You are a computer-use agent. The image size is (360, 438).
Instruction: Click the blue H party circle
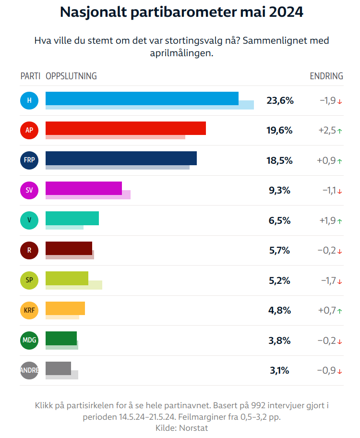(29, 100)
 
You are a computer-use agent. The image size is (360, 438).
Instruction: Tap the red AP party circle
(29, 130)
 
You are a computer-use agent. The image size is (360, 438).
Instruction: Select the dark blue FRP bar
(121, 158)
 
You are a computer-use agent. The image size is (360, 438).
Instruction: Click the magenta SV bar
(84, 188)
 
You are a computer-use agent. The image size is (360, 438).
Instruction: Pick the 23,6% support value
(280, 100)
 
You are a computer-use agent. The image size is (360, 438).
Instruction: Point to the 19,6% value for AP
(280, 130)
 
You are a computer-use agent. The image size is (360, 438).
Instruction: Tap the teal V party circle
(29, 220)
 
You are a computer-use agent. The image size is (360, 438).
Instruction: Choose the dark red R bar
(69, 248)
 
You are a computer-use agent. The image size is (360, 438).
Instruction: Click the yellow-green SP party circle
(29, 280)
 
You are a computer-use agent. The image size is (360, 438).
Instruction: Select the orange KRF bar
(65, 308)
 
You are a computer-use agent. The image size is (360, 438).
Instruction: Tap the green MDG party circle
(29, 341)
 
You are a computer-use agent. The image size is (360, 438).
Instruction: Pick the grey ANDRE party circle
(29, 370)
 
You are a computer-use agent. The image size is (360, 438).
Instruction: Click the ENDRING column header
(326, 76)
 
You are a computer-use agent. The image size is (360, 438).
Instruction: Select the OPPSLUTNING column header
(71, 76)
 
